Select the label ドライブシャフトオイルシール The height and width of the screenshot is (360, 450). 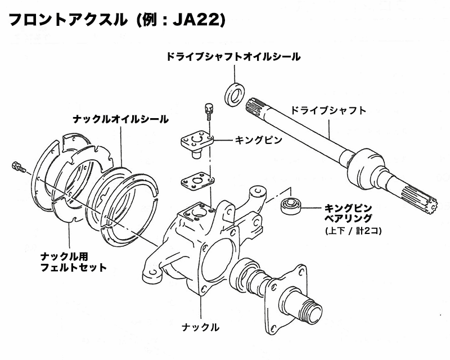click(x=232, y=57)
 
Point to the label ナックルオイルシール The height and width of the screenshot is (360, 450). click(x=120, y=119)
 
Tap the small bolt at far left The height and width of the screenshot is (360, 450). click(x=16, y=166)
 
